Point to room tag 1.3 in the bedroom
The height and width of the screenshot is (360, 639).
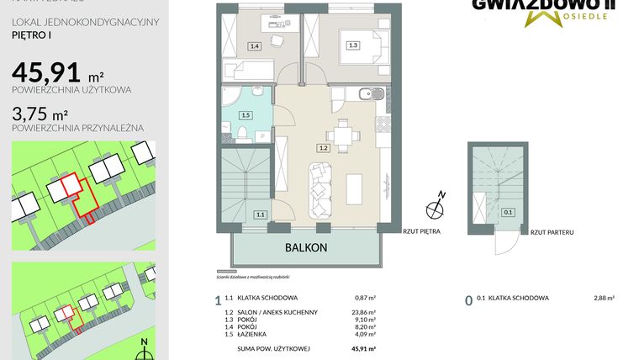353,45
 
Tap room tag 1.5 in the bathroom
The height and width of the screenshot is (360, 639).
246,115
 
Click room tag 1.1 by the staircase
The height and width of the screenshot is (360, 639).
261,214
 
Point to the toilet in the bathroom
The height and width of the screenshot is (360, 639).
241,133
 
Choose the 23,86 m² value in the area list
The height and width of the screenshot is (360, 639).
363,312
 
